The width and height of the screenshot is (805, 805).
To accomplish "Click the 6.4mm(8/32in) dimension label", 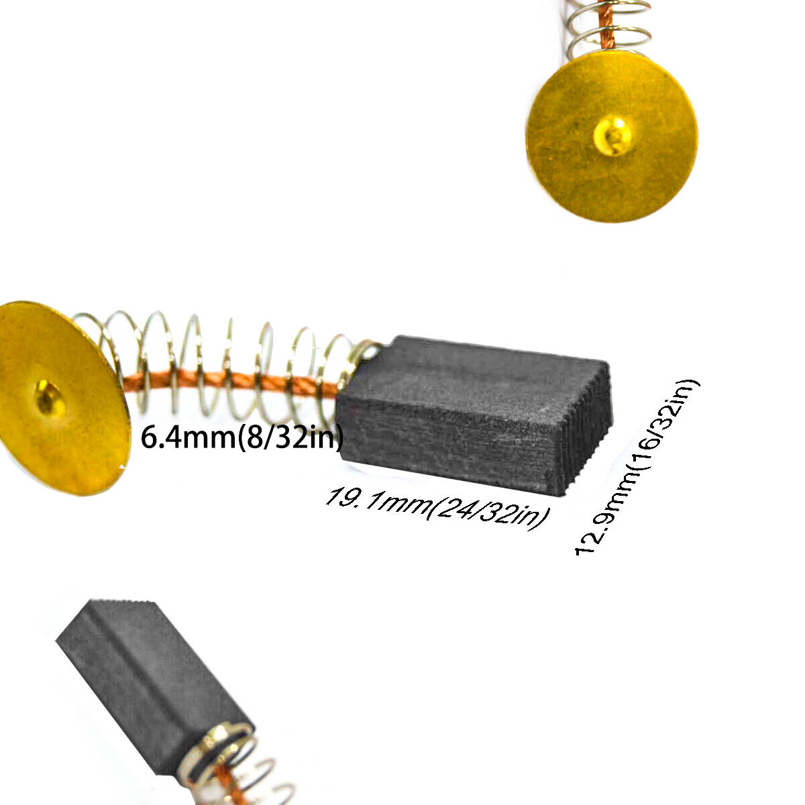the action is click(x=242, y=437).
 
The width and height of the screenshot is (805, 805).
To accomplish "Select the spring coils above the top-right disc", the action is click(x=608, y=25).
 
